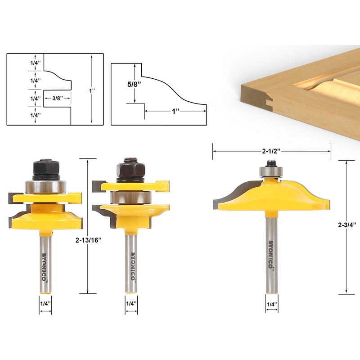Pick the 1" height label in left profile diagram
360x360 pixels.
(x=92, y=90)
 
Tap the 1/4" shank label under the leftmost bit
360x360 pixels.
(x=45, y=304)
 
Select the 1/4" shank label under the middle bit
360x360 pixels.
(x=130, y=304)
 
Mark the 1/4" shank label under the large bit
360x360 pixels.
(x=272, y=305)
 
